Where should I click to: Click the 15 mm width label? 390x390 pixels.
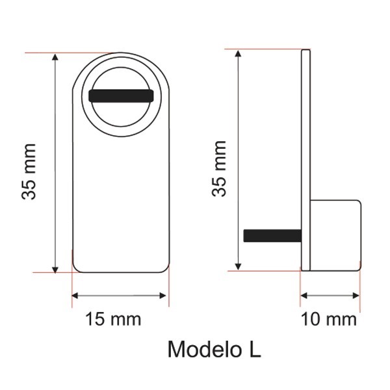click(113, 319)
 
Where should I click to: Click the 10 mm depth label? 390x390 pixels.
click(328, 319)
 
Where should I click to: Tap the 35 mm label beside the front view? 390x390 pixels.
click(29, 172)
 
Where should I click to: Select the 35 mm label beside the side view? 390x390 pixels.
click(219, 169)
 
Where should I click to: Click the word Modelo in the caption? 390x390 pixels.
click(205, 349)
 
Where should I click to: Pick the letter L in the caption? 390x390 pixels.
click(255, 349)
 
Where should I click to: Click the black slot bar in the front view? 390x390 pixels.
click(121, 96)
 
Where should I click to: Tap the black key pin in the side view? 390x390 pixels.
click(272, 235)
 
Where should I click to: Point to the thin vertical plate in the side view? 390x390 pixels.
click(305, 160)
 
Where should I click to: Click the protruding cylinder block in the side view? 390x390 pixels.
click(335, 235)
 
